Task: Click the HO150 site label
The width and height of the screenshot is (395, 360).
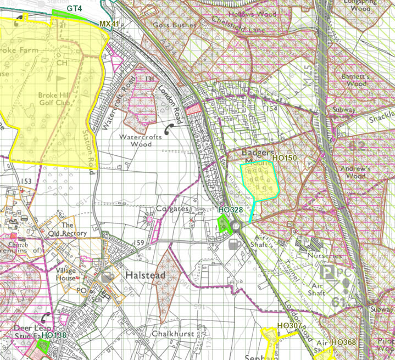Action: [284, 158]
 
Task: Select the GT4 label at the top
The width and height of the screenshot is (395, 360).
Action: [75, 9]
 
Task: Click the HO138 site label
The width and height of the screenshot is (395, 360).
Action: [53, 335]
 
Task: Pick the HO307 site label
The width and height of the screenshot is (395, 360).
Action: [290, 326]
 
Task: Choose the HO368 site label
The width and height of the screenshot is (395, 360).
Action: [343, 342]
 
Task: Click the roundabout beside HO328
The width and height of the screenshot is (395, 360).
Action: [236, 226]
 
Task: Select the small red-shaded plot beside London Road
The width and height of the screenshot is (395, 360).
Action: [192, 109]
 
